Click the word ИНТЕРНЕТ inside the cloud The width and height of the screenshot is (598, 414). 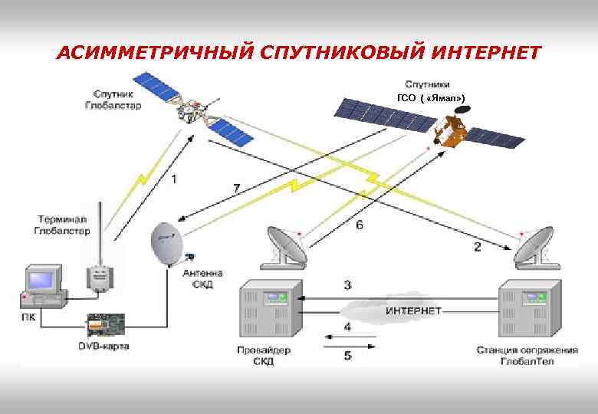click(x=412, y=310)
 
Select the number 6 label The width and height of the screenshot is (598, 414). click(x=359, y=225)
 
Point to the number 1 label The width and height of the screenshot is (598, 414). click(x=175, y=179)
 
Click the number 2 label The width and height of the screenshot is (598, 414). click(x=477, y=247)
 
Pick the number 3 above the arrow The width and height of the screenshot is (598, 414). click(x=347, y=285)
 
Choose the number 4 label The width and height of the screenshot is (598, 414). click(x=347, y=327)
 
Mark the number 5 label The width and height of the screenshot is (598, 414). click(x=347, y=355)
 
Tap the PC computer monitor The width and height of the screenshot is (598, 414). click(x=42, y=281)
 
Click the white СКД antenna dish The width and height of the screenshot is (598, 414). click(x=166, y=243)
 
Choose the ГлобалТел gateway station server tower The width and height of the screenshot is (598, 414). click(x=530, y=311)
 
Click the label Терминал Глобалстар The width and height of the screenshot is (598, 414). click(x=61, y=225)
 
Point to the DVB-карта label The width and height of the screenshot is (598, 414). click(x=103, y=347)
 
